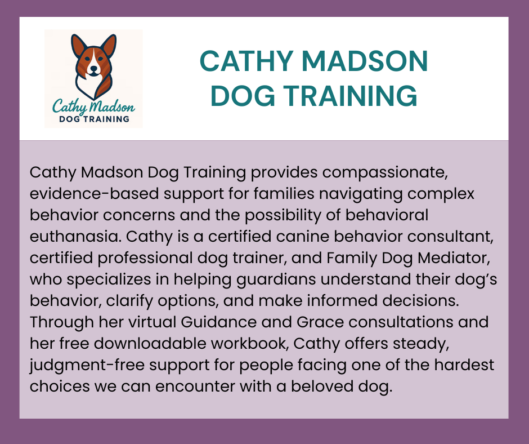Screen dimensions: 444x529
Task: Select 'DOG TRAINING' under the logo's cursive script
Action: pyautogui.click(x=94, y=119)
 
